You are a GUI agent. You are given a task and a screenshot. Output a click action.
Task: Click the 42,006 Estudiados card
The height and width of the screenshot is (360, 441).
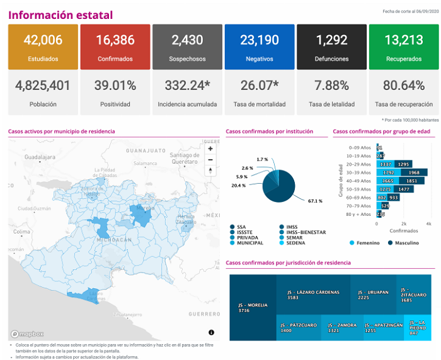[43, 47]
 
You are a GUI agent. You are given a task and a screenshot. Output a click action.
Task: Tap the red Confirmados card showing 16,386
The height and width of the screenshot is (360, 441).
[115, 47]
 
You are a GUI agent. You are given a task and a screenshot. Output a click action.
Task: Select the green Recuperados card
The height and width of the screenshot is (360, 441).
[404, 47]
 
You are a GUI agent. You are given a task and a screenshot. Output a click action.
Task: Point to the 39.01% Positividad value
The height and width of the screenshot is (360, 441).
[115, 85]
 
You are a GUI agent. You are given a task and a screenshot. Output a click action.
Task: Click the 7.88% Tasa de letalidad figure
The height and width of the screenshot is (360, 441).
[331, 85]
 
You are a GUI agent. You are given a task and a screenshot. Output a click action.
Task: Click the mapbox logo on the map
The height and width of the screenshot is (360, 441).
[27, 334]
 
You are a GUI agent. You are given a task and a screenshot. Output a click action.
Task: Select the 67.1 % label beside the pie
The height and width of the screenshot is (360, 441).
[314, 201]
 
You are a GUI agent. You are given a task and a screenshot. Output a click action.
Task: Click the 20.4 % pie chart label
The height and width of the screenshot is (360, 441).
[239, 185]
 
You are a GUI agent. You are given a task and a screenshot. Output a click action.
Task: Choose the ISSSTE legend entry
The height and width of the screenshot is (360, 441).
[247, 232]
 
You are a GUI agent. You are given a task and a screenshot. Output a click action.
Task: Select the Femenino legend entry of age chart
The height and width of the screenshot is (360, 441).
[365, 242]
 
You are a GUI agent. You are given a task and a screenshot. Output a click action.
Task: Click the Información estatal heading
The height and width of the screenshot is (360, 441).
[61, 15]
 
